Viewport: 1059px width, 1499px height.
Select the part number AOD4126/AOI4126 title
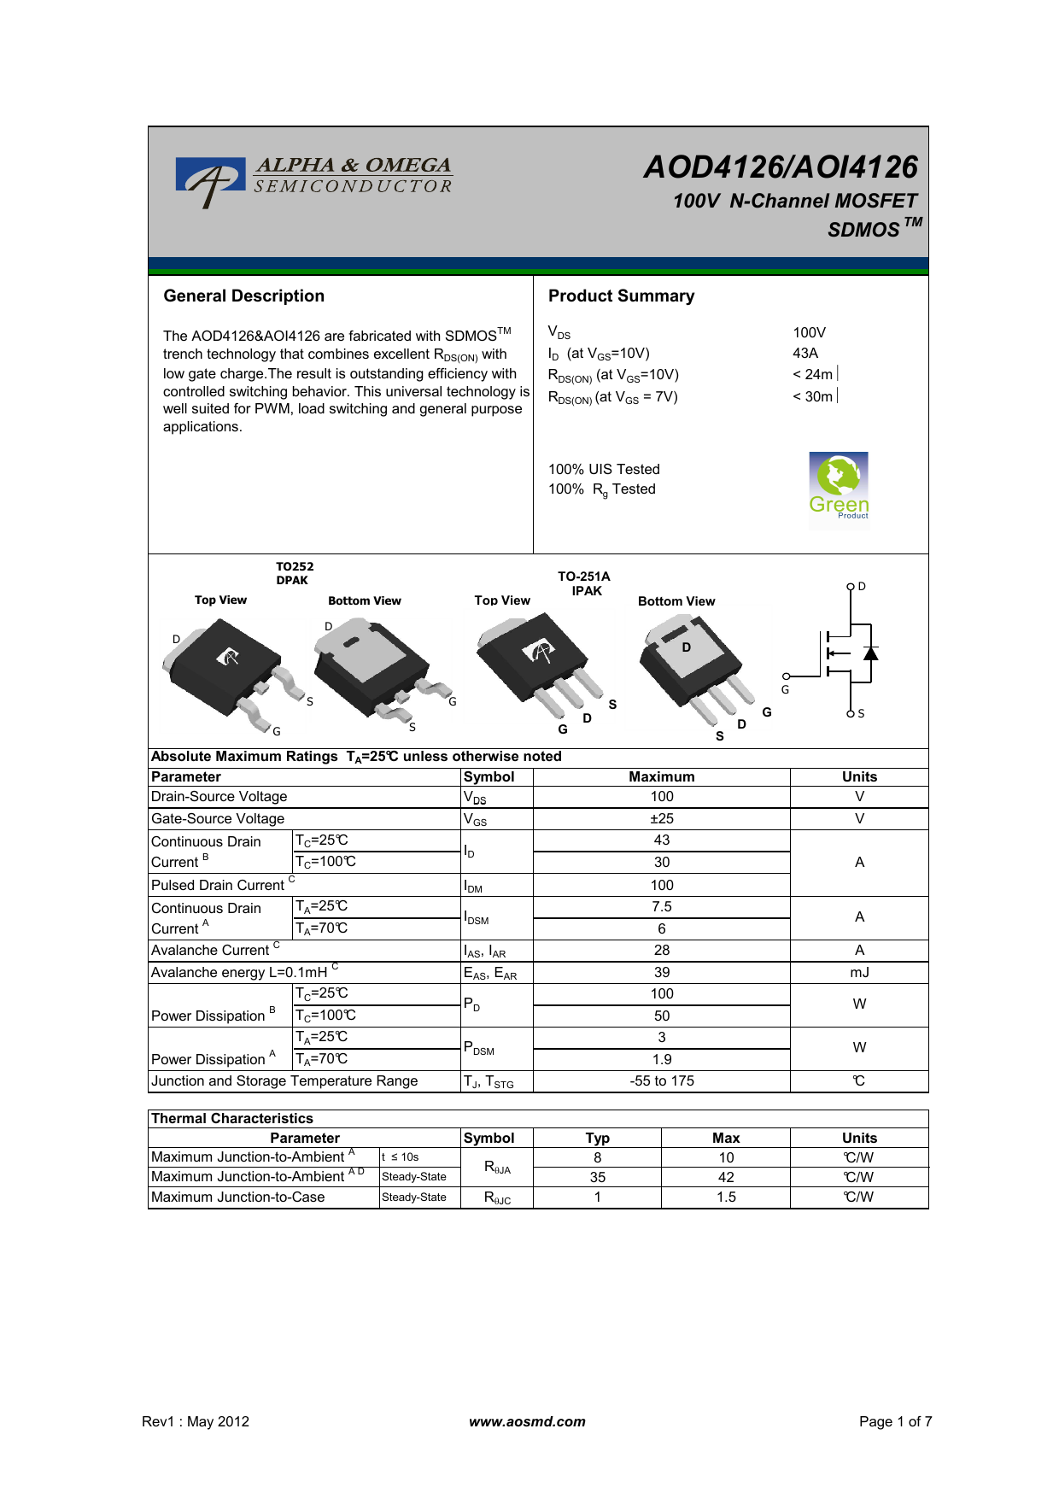coord(781,167)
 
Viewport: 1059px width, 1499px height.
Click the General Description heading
coord(243,296)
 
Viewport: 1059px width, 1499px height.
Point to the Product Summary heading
coord(621,296)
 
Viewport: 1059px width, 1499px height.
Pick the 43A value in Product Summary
coord(805,354)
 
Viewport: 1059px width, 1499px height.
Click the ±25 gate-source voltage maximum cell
coord(661,819)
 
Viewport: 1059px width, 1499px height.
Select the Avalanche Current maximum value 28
coord(661,951)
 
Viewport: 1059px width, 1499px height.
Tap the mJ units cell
coord(859,973)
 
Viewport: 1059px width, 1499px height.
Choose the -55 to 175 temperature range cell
coord(661,1081)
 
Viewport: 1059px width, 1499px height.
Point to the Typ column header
coord(597,1139)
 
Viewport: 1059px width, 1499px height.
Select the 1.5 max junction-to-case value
coord(726,1197)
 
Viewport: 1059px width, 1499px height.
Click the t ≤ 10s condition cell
coord(401,1157)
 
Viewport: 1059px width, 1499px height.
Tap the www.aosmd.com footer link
coord(527,1422)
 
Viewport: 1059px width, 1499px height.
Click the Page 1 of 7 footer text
coord(895,1422)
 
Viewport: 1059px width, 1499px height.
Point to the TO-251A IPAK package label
coord(585,584)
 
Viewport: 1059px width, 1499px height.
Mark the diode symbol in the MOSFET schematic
coord(870,653)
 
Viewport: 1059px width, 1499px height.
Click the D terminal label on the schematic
coord(862,587)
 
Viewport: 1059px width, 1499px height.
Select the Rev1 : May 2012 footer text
coord(196,1422)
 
